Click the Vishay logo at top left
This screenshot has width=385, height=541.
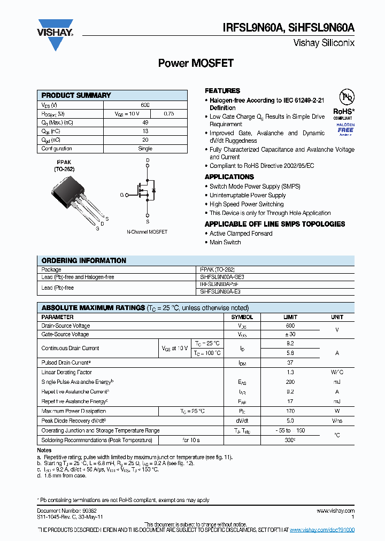pos(55,33)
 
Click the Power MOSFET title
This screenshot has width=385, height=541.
pos(196,63)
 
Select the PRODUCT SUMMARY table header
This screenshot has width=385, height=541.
pos(76,95)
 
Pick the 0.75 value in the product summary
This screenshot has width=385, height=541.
pos(169,113)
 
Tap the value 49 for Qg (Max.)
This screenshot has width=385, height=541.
pos(145,122)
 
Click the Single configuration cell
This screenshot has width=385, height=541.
pos(145,149)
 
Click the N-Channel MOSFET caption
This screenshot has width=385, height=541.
pos(147,232)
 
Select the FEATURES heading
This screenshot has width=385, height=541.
pos(222,91)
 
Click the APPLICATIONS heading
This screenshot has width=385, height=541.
pos(229,177)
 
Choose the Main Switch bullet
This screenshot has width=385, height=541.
pos(225,242)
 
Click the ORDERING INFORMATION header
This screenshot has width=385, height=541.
pos(84,261)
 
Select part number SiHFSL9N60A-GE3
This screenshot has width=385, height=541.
pos(220,277)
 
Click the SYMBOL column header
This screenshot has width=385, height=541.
pos(242,317)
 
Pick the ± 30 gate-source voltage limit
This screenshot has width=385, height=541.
pos(290,334)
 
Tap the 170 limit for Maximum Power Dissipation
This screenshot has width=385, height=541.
pos(290,411)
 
